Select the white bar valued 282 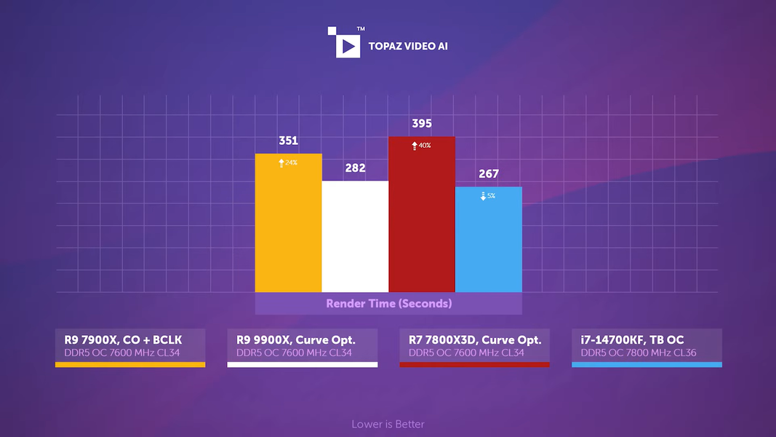[x=355, y=237]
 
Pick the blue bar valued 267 [x=489, y=240]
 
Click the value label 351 [x=288, y=141]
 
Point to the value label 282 [x=355, y=168]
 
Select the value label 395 [x=422, y=124]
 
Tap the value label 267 [x=489, y=174]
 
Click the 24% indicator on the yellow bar [x=289, y=163]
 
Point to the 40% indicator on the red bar [x=422, y=146]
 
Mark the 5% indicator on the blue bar [x=488, y=196]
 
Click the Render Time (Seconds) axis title [x=388, y=304]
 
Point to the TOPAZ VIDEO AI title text [x=408, y=47]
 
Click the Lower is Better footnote [x=388, y=424]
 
